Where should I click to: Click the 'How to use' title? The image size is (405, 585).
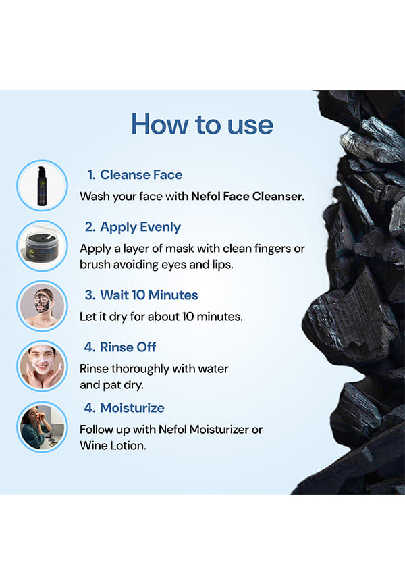point(202,124)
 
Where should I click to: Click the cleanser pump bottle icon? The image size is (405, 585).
point(42,186)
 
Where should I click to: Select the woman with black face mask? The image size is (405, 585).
point(42,306)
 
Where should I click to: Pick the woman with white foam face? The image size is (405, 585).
point(42,366)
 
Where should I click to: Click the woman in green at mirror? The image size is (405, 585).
point(42,427)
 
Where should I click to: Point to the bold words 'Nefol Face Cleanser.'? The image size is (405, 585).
point(248,197)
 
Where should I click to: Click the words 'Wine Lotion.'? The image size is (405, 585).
point(113,445)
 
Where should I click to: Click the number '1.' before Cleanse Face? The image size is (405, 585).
point(91,174)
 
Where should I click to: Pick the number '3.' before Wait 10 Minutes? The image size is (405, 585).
point(90,295)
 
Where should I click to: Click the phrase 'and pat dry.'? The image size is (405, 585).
point(111,385)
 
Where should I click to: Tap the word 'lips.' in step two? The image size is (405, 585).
point(223,265)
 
